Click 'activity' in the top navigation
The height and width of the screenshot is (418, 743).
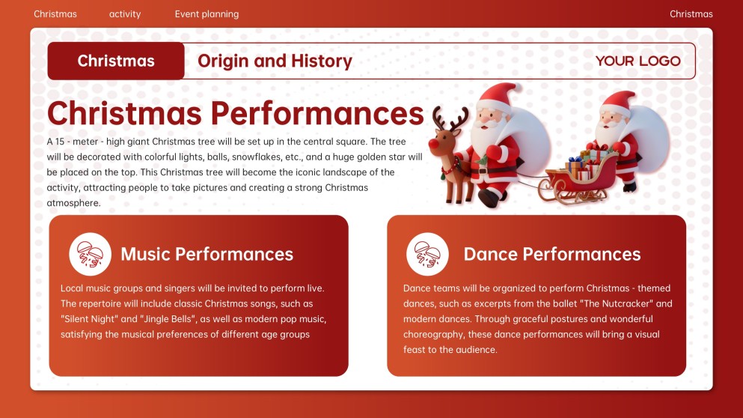point(125,14)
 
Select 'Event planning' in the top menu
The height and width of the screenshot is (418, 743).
point(207,14)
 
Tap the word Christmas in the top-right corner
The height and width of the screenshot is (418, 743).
point(691,14)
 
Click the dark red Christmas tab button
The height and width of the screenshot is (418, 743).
point(116,61)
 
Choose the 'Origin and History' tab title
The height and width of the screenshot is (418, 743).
point(275,61)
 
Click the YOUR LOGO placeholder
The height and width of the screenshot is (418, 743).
point(637,61)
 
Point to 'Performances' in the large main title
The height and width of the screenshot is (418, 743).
point(317,114)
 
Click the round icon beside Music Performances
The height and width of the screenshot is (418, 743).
point(91,254)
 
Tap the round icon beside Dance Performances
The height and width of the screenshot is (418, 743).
point(427,254)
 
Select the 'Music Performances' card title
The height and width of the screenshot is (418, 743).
point(207,254)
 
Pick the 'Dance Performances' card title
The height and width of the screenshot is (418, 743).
point(551,254)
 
